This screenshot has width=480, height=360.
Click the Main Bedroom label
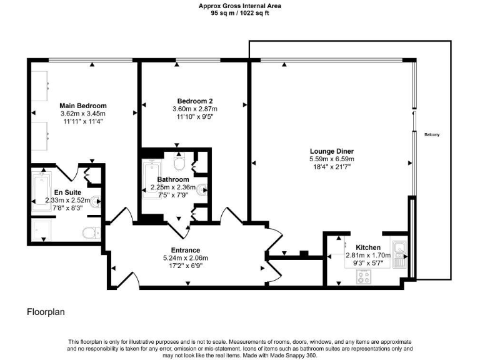83,106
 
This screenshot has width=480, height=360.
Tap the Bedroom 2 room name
195,101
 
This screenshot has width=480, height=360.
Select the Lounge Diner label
332,151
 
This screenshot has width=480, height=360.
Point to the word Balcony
432,135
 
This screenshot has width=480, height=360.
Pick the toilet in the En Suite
91,233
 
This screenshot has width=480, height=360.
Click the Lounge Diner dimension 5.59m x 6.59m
332,159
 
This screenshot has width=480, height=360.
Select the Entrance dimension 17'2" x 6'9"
184,264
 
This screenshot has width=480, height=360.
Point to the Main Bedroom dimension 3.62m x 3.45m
83,114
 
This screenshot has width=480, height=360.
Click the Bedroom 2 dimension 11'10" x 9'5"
195,116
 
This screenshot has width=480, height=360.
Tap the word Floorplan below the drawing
46,311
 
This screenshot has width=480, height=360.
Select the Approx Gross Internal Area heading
240,6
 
